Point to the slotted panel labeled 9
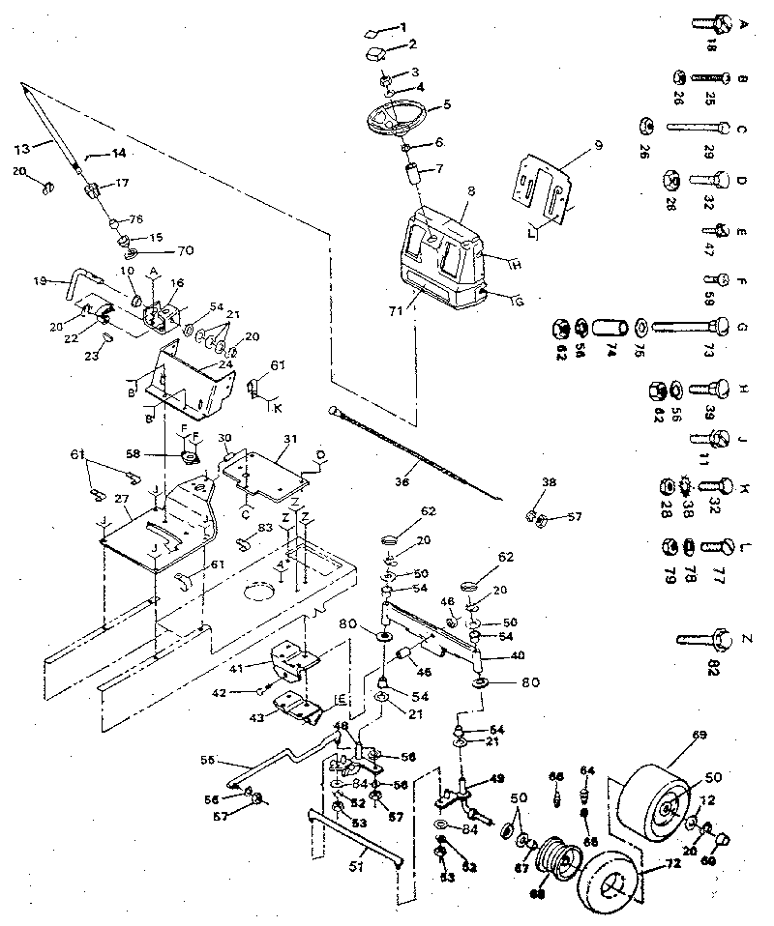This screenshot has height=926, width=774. [x=543, y=188]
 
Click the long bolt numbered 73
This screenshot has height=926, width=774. [x=687, y=326]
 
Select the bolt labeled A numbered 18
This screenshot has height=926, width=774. [x=710, y=23]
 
